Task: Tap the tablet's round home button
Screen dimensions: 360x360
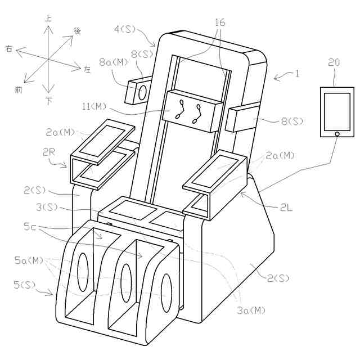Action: (336, 133)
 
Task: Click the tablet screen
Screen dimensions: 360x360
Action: (336, 111)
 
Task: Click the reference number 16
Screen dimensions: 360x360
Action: (220, 22)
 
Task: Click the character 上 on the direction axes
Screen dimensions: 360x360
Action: (48, 19)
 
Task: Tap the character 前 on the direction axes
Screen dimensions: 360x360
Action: (19, 89)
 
